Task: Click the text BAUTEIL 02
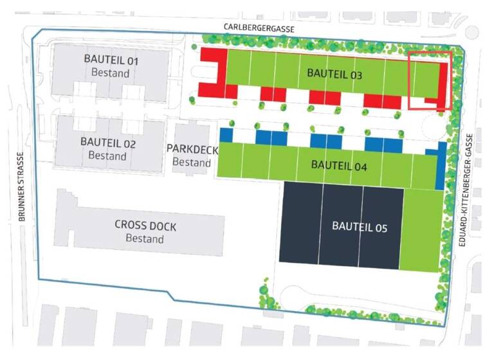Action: pos(108,142)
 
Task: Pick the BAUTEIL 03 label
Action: pos(334,74)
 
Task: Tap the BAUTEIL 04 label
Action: pos(339,165)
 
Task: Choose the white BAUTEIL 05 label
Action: pos(359,226)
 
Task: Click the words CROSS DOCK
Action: pos(145,226)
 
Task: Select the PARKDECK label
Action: pos(192,149)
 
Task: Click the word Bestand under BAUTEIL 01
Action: pos(111,73)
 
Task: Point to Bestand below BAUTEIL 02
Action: pos(107,155)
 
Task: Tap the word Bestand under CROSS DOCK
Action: pos(145,239)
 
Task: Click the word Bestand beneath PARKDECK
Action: pos(192,163)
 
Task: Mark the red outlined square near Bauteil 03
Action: pos(430,80)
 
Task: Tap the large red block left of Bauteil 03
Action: pos(213,71)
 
